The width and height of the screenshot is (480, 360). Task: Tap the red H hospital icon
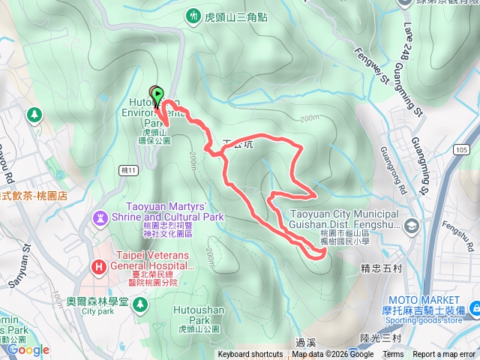98,266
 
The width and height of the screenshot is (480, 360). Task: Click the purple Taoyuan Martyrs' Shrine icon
98,217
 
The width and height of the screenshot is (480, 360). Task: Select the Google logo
28,349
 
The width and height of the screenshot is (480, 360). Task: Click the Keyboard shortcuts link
250,355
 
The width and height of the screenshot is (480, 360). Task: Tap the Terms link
393,355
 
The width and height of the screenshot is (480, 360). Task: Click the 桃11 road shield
130,172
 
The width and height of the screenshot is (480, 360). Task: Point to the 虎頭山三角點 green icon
193,15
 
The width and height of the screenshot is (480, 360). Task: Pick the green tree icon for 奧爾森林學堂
139,301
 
